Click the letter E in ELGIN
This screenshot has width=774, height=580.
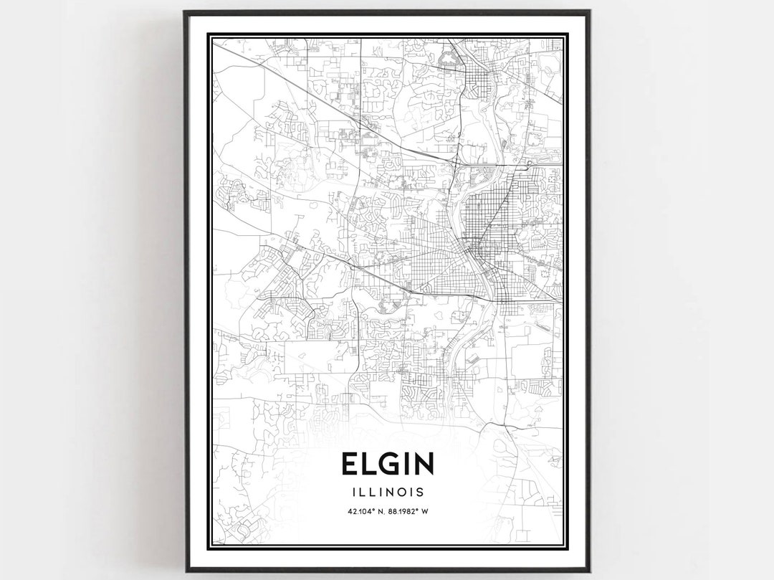point(350,464)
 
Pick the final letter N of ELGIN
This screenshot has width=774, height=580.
point(424,464)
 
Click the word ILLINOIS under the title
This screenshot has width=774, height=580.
point(387,492)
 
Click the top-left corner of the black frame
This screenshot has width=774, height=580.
point(185,12)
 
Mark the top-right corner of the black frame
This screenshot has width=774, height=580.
point(588,12)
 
